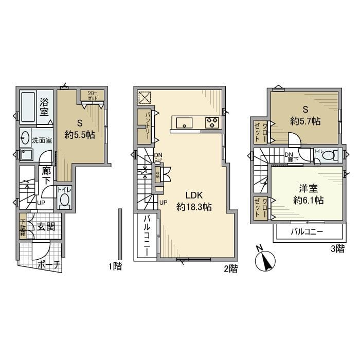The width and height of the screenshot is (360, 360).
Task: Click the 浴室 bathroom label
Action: click(x=45, y=106)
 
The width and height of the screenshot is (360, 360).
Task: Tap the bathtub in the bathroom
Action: click(x=28, y=106)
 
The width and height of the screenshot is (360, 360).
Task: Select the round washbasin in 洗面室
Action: click(x=25, y=136)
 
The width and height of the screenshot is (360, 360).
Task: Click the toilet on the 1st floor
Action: click(x=65, y=201)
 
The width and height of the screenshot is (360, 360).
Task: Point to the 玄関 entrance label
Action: click(x=47, y=227)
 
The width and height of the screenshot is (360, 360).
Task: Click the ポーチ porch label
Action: click(x=49, y=266)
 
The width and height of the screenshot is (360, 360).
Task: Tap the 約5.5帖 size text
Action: click(x=80, y=135)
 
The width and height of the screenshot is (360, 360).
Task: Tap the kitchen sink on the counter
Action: click(x=184, y=122)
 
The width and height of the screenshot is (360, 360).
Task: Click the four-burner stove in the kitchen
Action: click(x=212, y=122)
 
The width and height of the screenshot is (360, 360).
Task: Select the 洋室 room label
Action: click(x=305, y=188)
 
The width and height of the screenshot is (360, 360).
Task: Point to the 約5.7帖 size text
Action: click(x=305, y=121)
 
